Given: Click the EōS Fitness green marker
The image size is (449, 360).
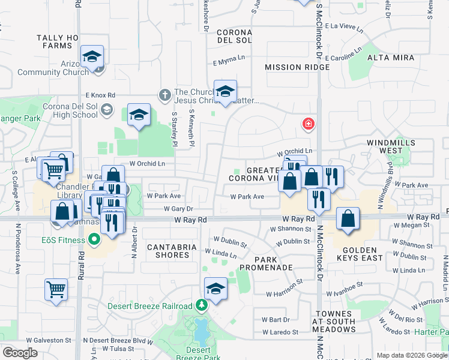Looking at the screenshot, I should pos(94,240).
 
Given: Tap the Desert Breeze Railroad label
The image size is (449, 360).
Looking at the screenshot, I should pos(150,306).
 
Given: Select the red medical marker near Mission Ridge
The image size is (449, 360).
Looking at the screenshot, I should pos(308,124).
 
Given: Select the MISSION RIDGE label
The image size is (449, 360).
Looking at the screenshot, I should pos(297,67).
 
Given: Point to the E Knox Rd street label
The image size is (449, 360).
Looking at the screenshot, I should pos(100,95).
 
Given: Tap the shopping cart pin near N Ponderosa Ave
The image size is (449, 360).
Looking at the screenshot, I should pos(56,289).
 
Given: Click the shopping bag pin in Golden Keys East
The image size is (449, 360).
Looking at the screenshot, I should pos(348,218).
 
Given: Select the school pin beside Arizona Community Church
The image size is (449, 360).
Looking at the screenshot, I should pos(92,57).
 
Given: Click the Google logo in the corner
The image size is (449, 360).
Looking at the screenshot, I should pos(20,353).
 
